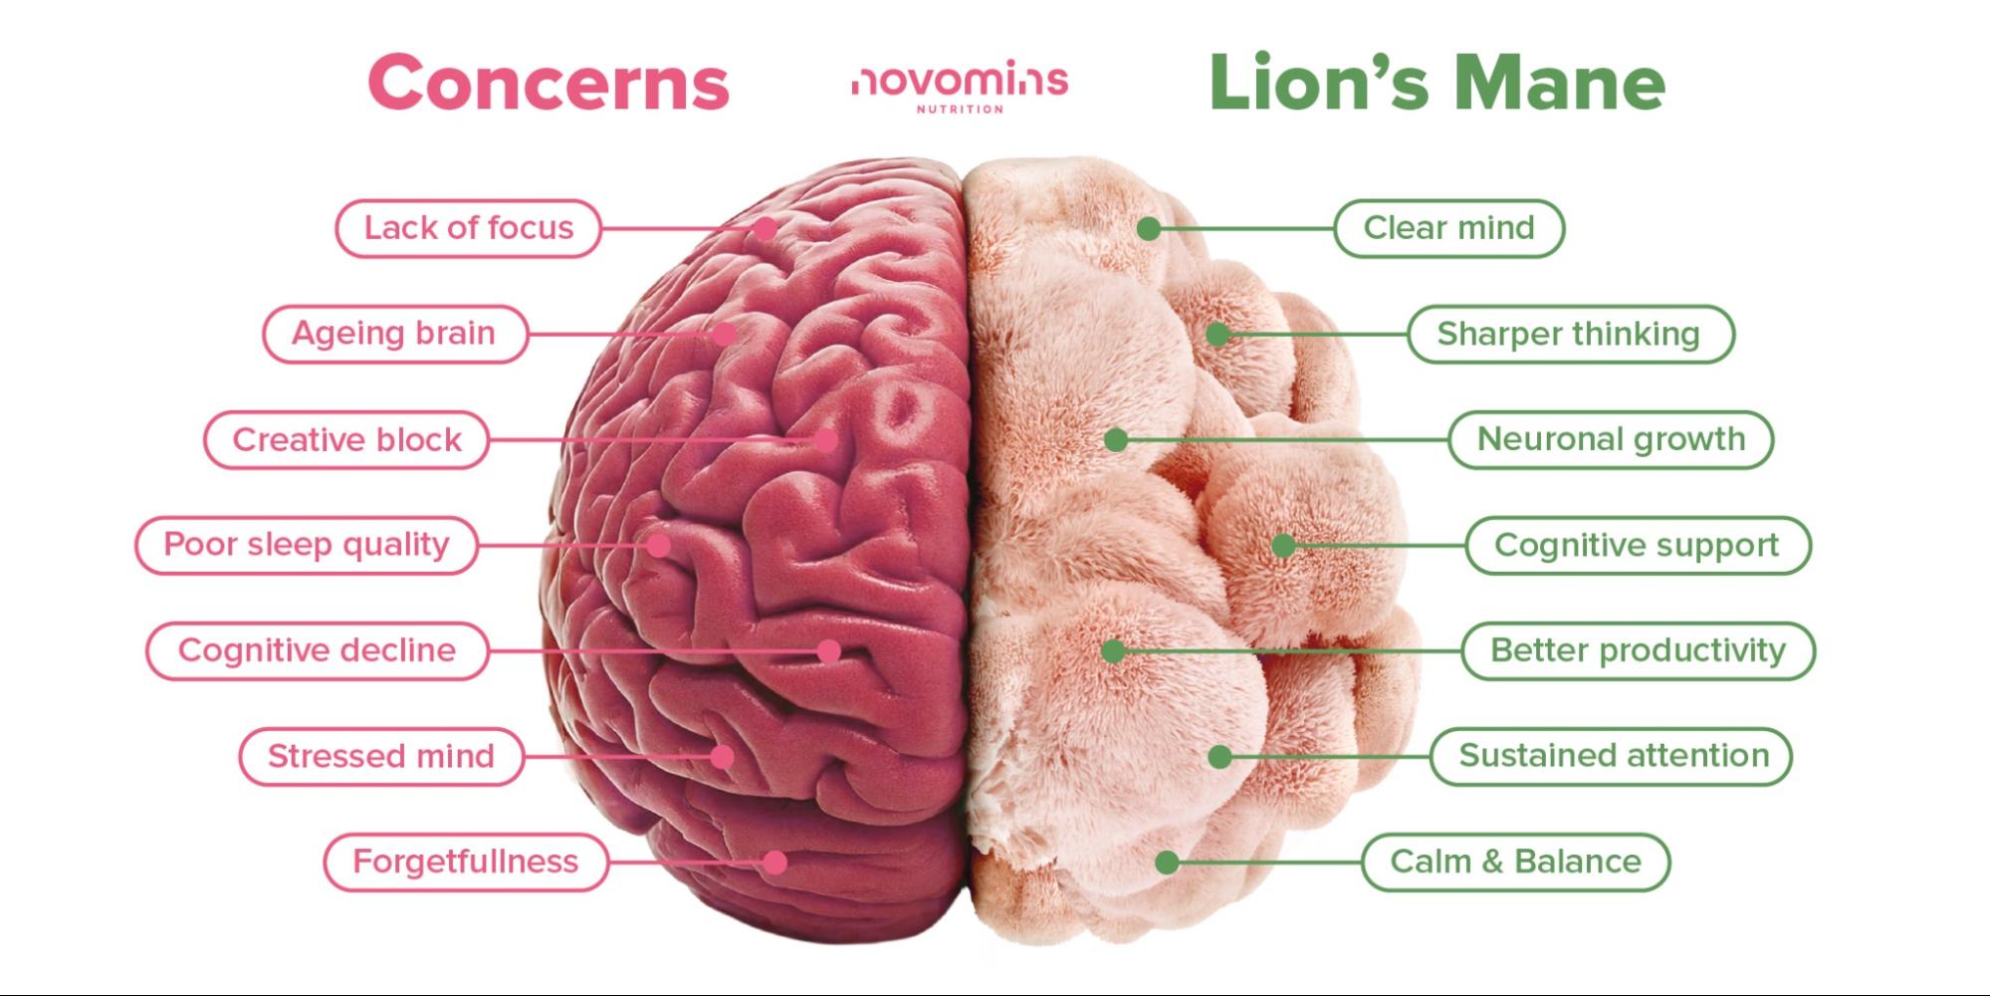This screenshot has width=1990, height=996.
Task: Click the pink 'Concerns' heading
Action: coord(549,82)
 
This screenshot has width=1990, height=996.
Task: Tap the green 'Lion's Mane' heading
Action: coord(1437,82)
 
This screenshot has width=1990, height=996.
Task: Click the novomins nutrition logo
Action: coord(960,87)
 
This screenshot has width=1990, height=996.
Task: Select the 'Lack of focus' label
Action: coord(468,228)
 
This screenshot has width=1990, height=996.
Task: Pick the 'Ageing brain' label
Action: coord(394,334)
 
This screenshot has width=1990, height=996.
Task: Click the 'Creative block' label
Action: coord(346,439)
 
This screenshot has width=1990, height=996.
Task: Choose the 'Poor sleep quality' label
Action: coord(307,545)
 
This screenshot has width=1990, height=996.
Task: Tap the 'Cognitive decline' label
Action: coord(318,650)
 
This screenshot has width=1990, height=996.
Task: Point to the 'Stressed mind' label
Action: coord(381,756)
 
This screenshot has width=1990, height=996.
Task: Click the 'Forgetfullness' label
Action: coord(466,862)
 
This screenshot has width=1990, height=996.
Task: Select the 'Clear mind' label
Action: coord(1449,228)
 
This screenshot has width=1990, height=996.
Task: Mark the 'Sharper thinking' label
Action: coord(1570,334)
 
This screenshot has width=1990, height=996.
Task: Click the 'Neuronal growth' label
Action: coord(1611,439)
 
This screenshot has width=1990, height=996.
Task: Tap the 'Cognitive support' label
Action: coord(1638,545)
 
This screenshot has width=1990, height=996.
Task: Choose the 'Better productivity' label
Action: coord(1639,650)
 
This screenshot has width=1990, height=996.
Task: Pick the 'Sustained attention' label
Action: coord(1612,756)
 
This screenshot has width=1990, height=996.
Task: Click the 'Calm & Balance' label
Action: coord(1516,862)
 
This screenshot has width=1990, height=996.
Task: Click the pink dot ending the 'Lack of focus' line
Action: coord(765,228)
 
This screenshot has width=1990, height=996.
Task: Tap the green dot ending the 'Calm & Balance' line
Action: coord(1168,862)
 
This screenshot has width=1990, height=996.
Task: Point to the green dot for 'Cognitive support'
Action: coord(1283,545)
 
